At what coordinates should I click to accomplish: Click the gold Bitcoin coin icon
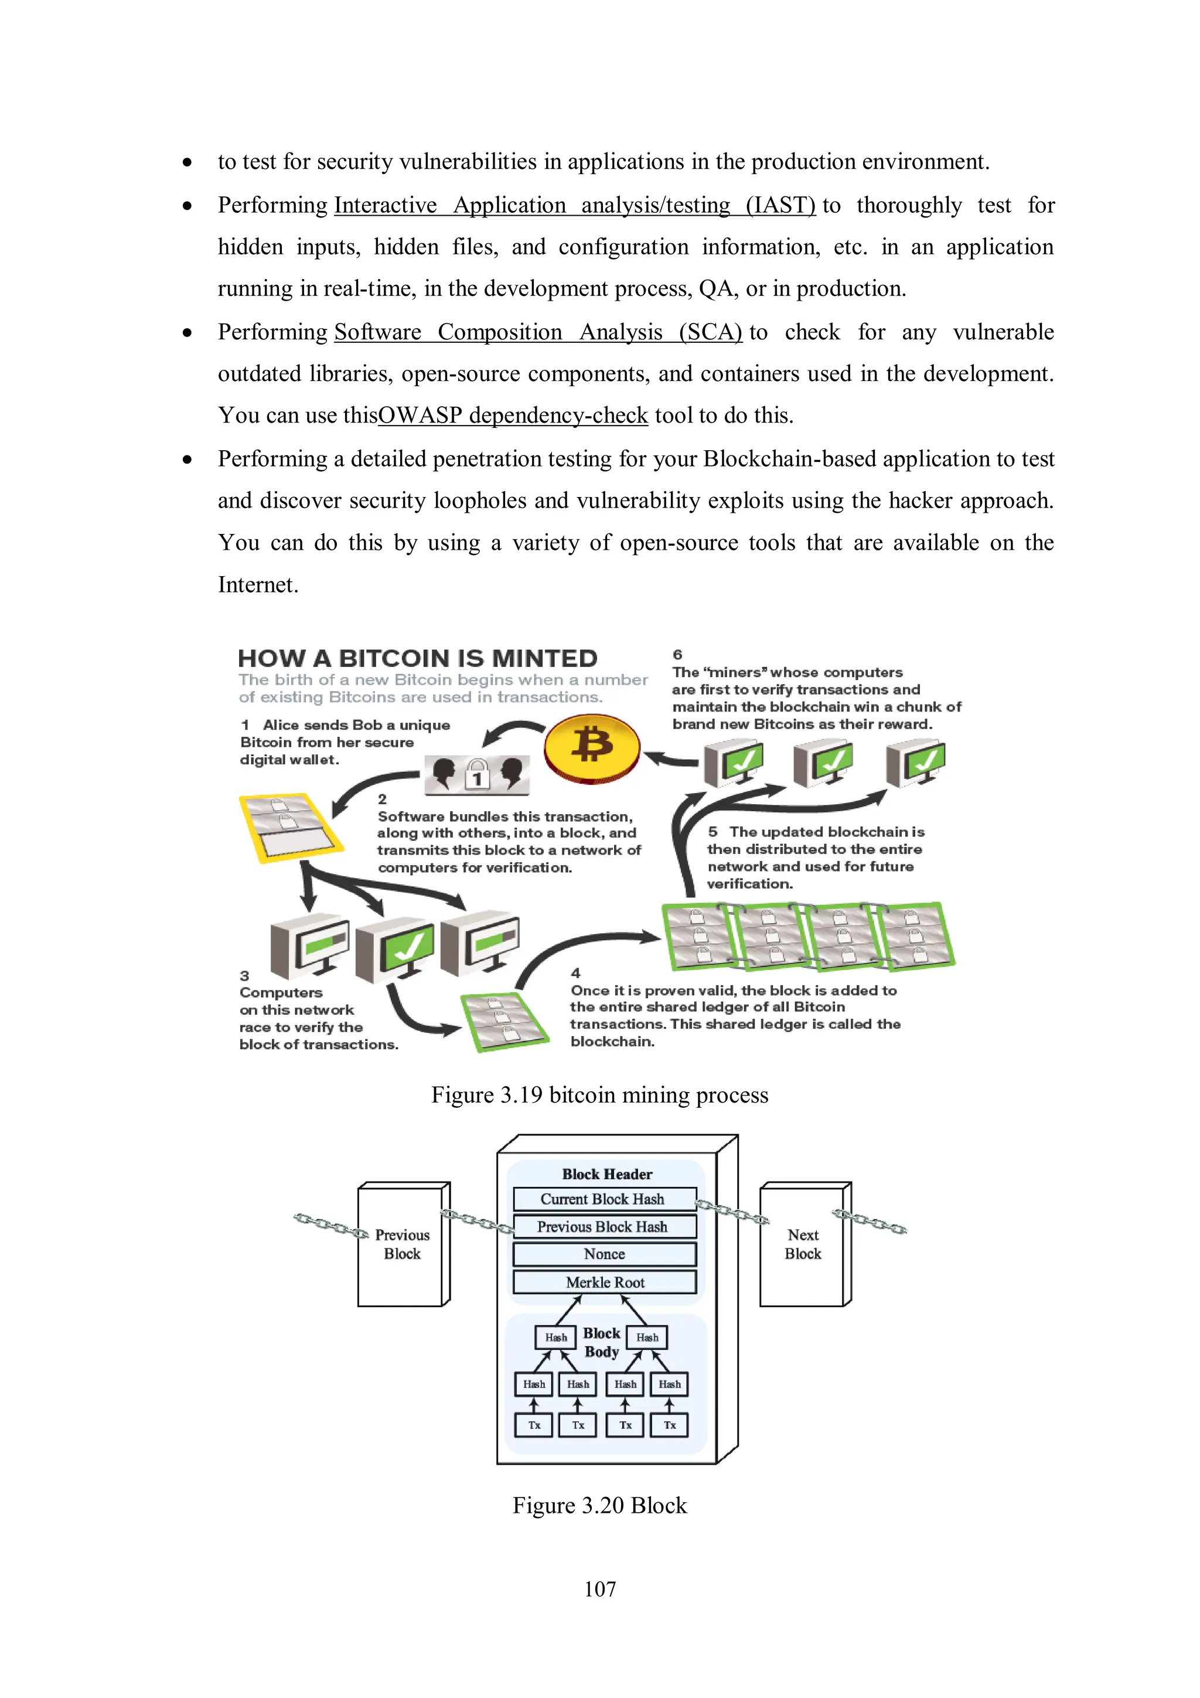(592, 748)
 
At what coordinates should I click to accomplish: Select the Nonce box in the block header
(604, 1254)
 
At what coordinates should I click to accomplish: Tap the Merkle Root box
(604, 1282)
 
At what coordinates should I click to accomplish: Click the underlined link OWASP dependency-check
(513, 416)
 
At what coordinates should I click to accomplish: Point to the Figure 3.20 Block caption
(599, 1505)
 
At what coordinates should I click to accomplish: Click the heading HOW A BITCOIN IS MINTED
(418, 658)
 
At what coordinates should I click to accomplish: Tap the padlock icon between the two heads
(478, 774)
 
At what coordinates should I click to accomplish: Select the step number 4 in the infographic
(575, 973)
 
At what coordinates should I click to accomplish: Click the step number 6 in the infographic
(677, 655)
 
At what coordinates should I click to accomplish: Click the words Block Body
(602, 1342)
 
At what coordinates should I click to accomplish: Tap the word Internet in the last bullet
(258, 585)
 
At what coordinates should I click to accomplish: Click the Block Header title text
(607, 1175)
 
